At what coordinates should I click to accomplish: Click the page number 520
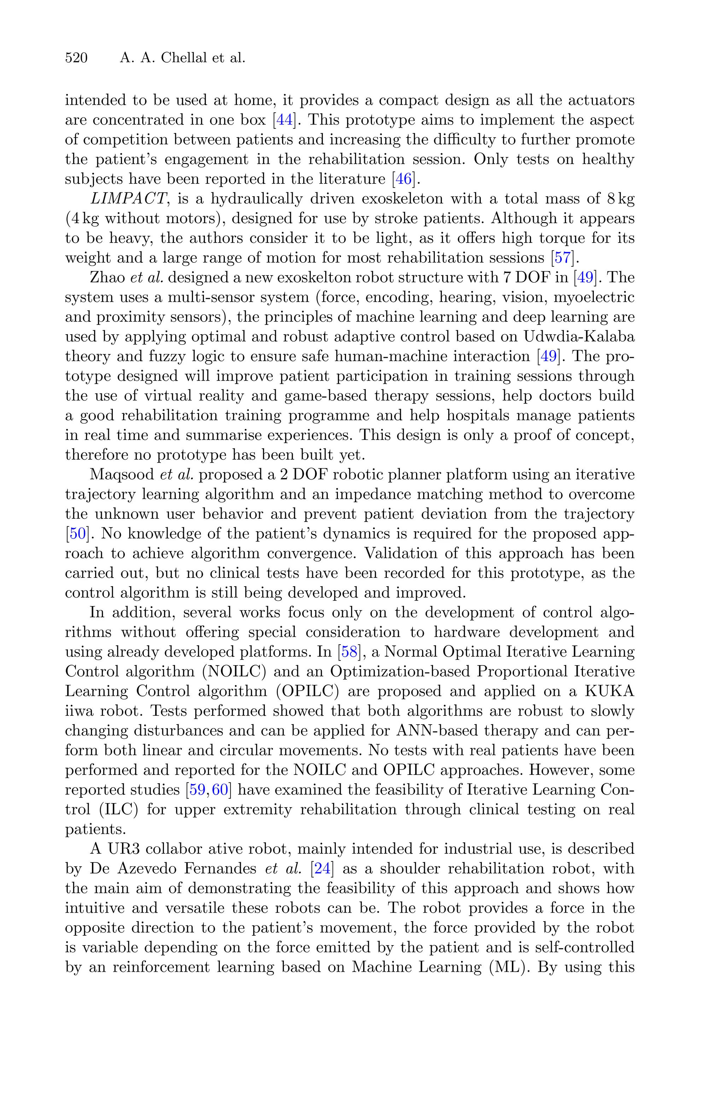(76, 58)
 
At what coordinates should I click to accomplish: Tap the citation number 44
(284, 120)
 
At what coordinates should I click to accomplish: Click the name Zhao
(106, 278)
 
